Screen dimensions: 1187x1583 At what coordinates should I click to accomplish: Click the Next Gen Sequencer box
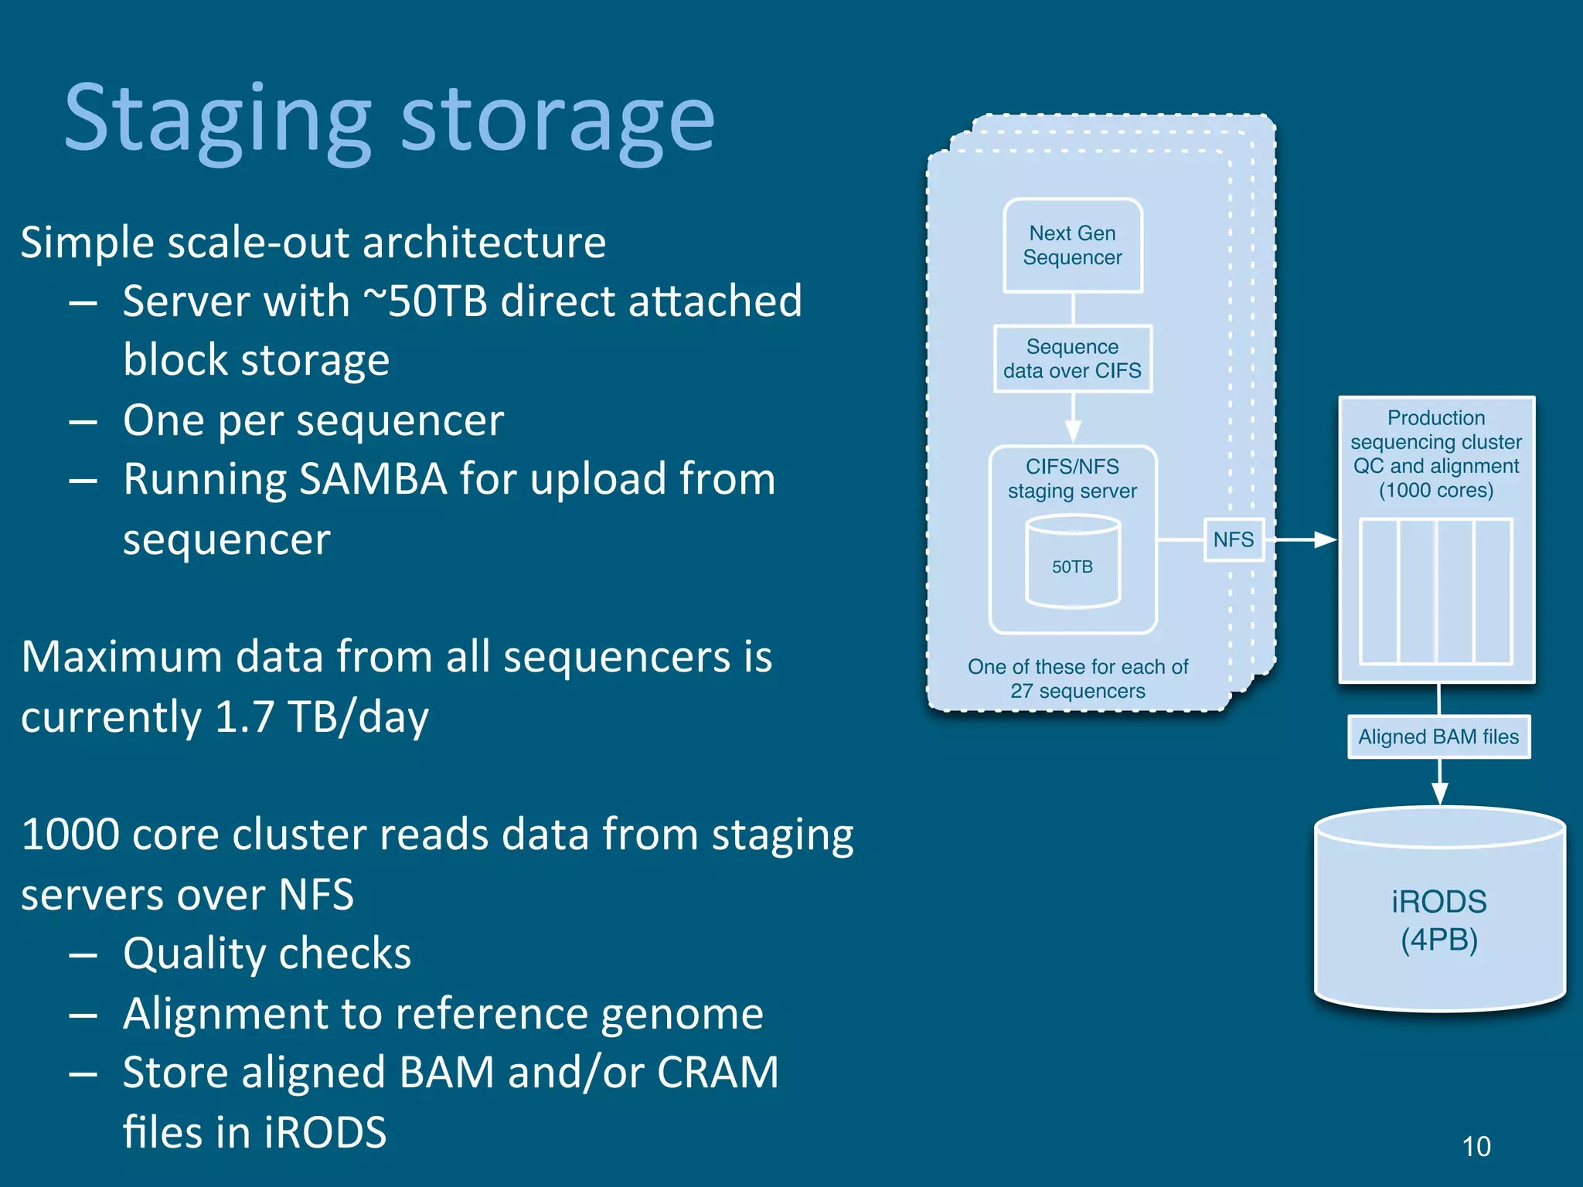tap(1072, 246)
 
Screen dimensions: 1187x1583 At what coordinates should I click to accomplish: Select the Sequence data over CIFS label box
tap(1072, 359)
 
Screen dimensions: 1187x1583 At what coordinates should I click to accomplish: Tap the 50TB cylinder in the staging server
tap(1072, 563)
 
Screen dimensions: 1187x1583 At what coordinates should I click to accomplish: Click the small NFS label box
tap(1233, 539)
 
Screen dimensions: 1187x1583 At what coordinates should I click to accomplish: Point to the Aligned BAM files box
tap(1438, 736)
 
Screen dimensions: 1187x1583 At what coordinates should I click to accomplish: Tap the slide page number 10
tap(1476, 1146)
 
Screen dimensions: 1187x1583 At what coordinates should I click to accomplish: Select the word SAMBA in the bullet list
tap(373, 479)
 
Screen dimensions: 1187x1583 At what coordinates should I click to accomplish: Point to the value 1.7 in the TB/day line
tap(244, 716)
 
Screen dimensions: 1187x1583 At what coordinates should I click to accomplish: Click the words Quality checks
tap(267, 954)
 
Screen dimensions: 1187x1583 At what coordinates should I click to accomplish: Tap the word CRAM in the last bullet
tap(717, 1073)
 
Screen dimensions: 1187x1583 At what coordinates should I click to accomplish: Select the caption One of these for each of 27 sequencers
tap(1077, 679)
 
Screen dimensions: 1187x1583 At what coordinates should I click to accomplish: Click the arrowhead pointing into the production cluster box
tap(1326, 539)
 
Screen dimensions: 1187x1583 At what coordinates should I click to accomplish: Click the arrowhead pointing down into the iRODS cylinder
tap(1439, 794)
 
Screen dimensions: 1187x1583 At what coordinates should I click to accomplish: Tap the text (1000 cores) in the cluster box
tap(1436, 490)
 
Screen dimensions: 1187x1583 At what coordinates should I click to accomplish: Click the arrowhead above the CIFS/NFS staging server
tap(1073, 431)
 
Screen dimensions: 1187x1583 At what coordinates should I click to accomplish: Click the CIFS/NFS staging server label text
tap(1072, 478)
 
